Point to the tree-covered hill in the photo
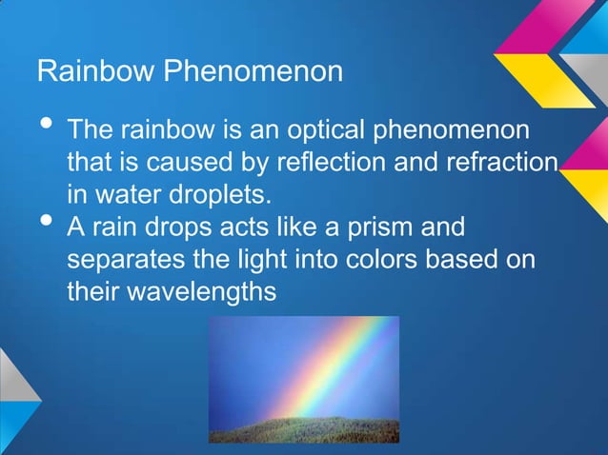[304, 428]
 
